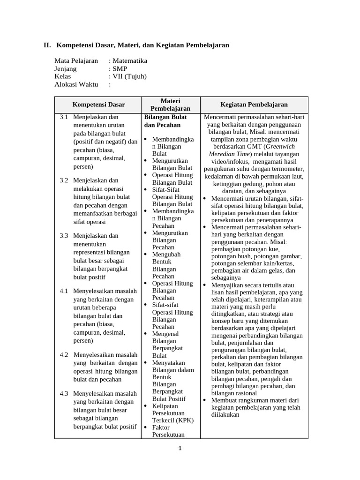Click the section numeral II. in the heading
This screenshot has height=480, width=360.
(47, 45)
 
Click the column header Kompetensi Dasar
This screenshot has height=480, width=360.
(98, 105)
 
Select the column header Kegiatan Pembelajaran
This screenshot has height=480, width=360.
(254, 105)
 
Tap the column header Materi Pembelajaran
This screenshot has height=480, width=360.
(171, 105)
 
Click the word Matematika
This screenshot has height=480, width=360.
(129, 60)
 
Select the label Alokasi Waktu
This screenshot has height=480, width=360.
(76, 84)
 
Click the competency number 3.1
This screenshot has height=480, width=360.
(64, 117)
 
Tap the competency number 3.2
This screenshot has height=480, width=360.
(64, 180)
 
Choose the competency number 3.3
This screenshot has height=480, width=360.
(64, 236)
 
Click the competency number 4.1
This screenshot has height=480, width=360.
(64, 291)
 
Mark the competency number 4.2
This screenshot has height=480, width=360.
(64, 354)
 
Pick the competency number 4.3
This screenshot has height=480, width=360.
(64, 393)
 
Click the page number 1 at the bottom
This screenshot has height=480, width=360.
(180, 448)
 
